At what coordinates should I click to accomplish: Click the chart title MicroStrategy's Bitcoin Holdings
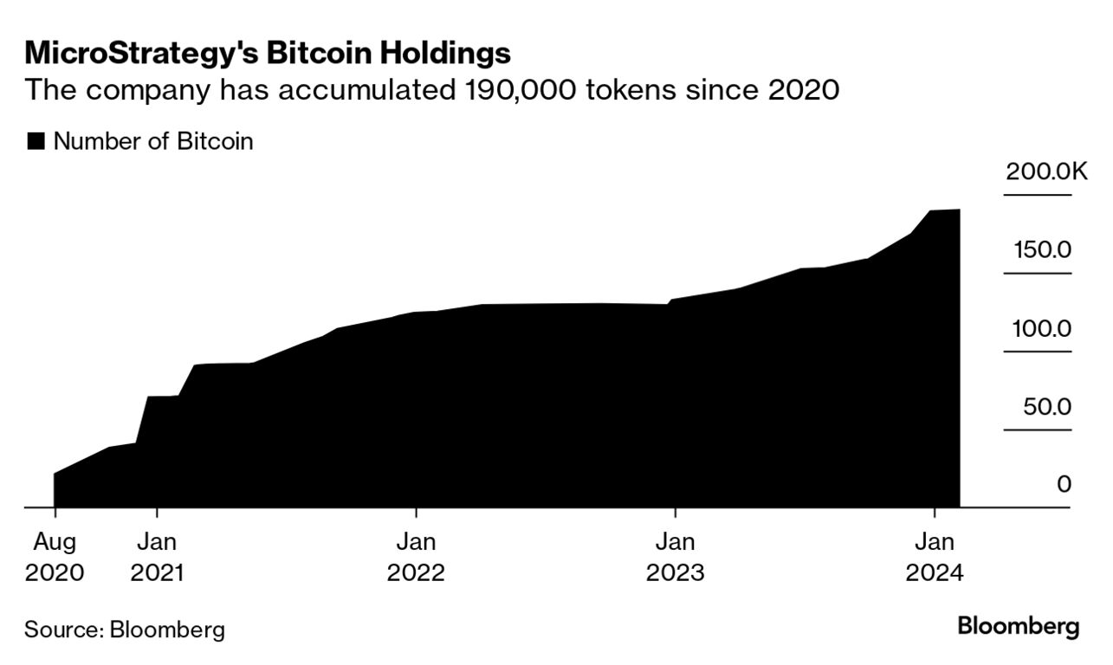point(268,53)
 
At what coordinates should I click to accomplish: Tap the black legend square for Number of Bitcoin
point(36,142)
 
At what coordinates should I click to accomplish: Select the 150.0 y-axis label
point(1043,250)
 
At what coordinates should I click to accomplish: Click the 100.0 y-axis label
point(1043,329)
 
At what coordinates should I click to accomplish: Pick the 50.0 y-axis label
point(1047,407)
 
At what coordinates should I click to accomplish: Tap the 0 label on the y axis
point(1064,484)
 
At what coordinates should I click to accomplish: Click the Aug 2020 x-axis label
point(55,558)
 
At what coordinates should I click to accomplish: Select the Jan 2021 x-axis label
point(157,558)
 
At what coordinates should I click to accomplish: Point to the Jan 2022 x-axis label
point(416,558)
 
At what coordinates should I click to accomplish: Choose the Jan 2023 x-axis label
point(675,558)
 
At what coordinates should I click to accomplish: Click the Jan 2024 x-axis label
point(934,558)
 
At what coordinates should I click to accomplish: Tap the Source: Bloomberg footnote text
point(124,629)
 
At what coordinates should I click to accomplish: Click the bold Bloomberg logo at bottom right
point(1018,626)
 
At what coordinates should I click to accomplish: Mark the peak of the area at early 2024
point(958,210)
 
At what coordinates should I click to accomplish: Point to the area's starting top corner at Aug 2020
point(55,474)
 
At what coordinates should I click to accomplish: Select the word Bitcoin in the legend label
point(216,142)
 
